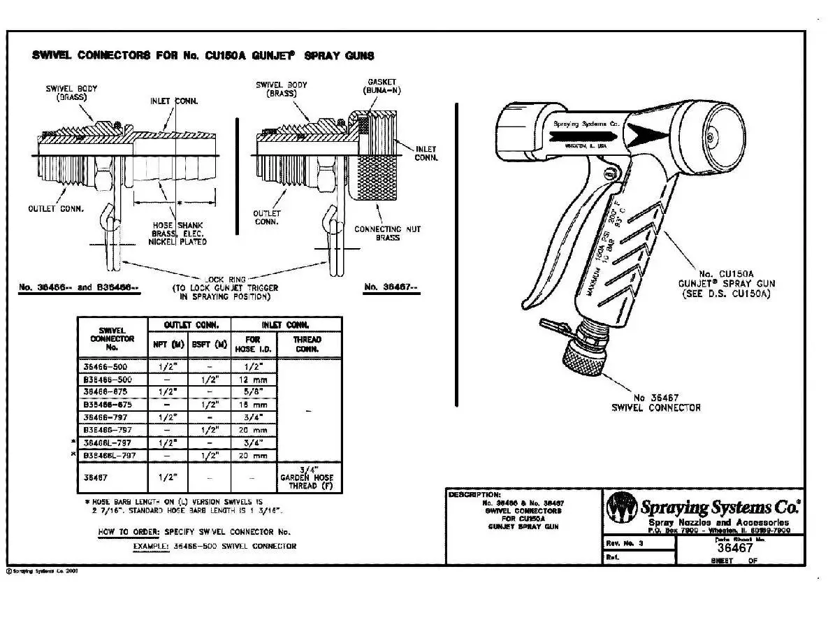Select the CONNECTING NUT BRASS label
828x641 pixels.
coord(387,233)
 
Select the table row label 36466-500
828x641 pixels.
coord(111,366)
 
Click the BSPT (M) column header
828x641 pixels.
coord(209,344)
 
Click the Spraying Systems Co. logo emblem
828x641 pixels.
coord(622,507)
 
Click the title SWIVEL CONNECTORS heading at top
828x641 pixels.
coord(203,56)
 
